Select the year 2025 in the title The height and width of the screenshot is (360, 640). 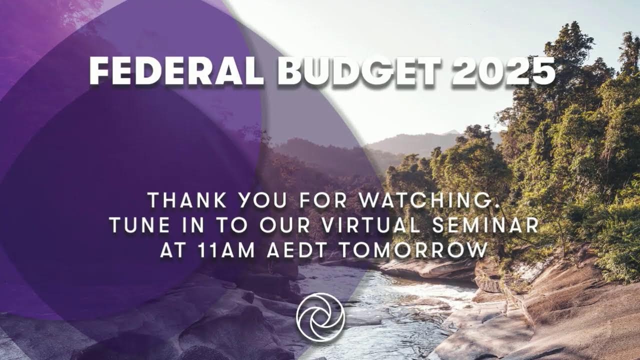pyautogui.click(x=503, y=71)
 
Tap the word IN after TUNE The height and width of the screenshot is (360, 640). pyautogui.click(x=197, y=225)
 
